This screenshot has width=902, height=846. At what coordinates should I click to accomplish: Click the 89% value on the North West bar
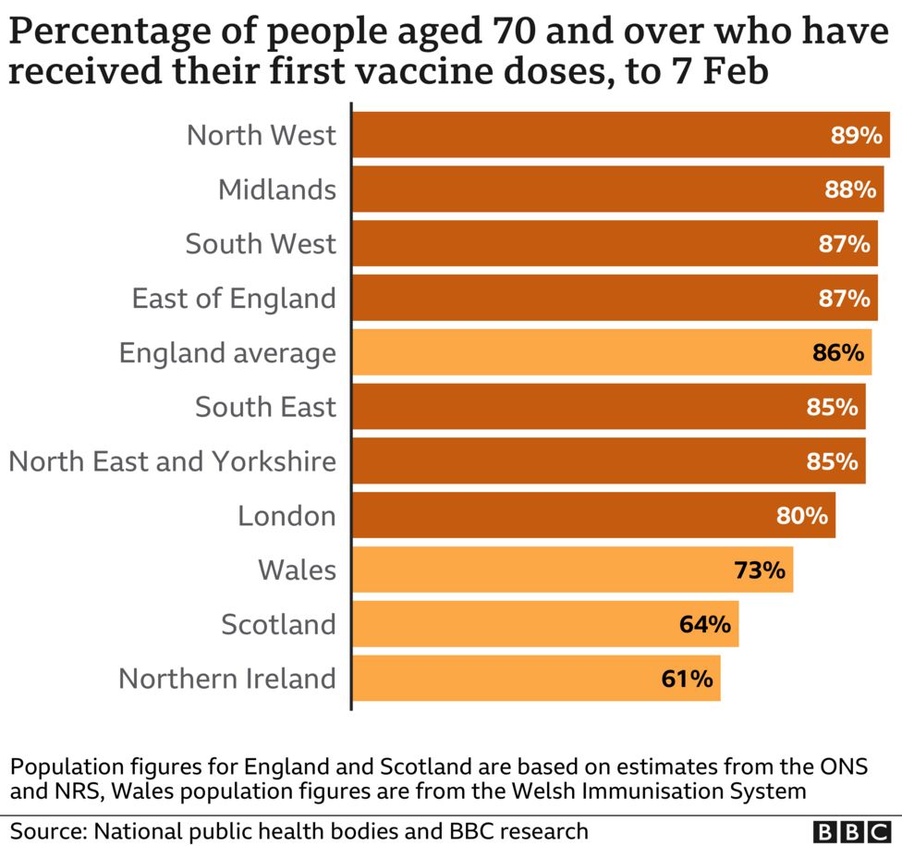tap(857, 136)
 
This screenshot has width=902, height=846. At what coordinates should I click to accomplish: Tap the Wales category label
tap(298, 570)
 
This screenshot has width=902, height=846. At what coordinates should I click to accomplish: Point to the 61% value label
tap(687, 679)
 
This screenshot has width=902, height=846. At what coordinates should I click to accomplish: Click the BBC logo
tap(851, 829)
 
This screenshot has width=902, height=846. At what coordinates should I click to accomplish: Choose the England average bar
tap(611, 352)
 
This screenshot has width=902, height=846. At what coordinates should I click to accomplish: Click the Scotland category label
tap(278, 624)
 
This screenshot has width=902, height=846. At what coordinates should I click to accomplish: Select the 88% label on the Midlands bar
tap(850, 190)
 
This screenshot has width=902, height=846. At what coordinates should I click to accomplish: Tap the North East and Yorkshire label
tap(173, 460)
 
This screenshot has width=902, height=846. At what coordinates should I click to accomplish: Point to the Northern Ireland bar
tap(536, 679)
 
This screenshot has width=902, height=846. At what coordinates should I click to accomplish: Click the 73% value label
tap(760, 570)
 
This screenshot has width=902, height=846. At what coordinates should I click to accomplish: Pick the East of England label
tap(233, 298)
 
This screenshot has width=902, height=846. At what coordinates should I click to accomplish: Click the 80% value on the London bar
tap(801, 515)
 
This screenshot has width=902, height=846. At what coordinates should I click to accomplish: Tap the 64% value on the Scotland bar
tap(705, 624)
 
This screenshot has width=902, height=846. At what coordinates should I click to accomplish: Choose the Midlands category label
tap(277, 190)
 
